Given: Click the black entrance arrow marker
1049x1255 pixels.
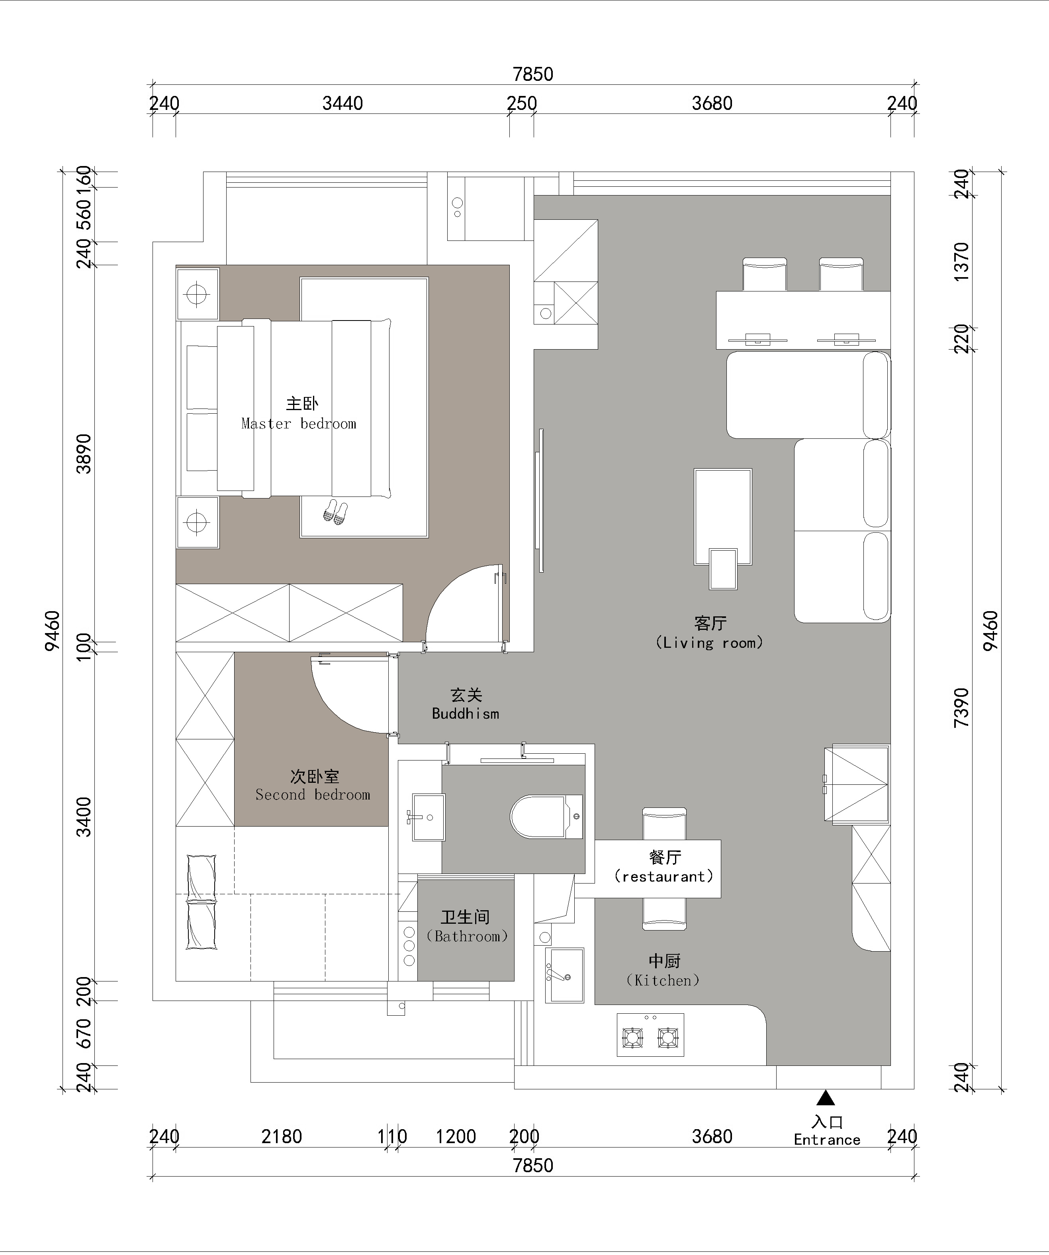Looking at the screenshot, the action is [826, 1097].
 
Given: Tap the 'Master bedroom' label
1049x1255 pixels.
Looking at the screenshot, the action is [299, 424].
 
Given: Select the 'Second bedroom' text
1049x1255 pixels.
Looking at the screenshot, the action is [313, 795].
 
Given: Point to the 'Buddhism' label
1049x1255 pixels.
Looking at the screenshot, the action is [466, 713].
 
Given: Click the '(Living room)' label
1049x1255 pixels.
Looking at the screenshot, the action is [710, 643].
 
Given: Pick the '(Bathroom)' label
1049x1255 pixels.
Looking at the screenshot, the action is [467, 936].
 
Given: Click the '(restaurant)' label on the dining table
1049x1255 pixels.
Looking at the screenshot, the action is [664, 877].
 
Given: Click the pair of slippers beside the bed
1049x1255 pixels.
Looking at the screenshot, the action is [335, 512].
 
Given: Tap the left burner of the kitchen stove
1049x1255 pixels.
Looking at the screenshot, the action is [632, 1038].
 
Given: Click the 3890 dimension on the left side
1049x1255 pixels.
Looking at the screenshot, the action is [84, 454].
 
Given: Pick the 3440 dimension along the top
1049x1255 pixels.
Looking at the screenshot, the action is [342, 104].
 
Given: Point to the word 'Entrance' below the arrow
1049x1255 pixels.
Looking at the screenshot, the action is [827, 1140].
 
